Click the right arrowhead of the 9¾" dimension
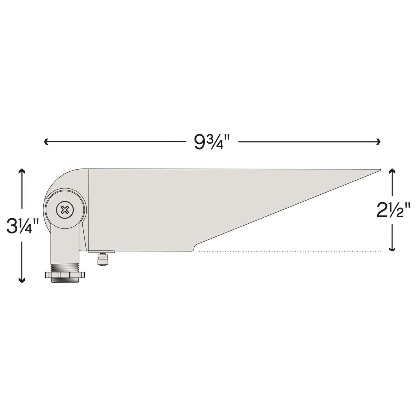tap(378, 142)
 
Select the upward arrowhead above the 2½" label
tap(392, 171)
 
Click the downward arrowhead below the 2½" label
tap(392, 248)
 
